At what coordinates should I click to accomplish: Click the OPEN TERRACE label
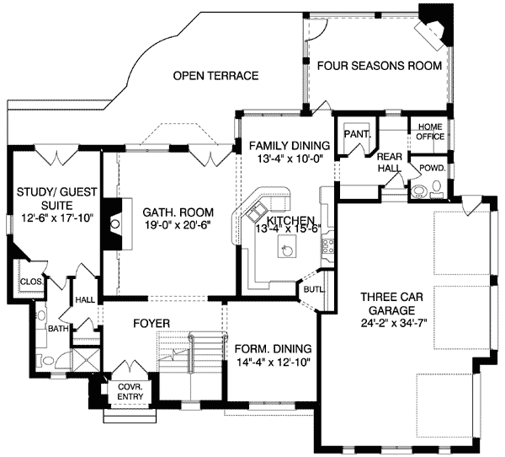coord(215,76)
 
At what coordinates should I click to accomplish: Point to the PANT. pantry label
coord(353,132)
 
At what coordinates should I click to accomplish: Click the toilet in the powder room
coord(418,190)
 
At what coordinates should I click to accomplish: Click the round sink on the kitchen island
coord(288,248)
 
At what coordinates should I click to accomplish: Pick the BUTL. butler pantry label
coord(311,288)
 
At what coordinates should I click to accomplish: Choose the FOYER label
coord(151,323)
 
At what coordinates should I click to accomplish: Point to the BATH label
coord(57,329)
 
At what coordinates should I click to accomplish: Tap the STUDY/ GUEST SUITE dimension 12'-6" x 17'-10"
coord(53,218)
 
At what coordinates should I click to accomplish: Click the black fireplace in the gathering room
coord(110,223)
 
